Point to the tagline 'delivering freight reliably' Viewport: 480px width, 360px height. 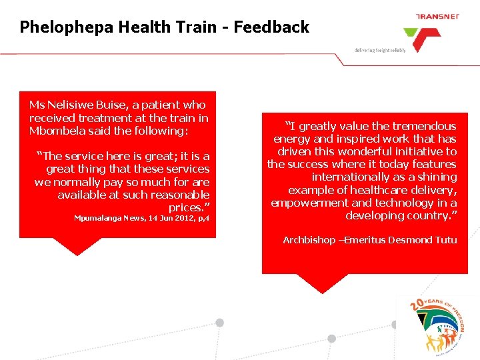click(x=380, y=50)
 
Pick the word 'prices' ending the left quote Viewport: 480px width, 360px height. click(x=188, y=207)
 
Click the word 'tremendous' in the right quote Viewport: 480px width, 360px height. click(x=423, y=126)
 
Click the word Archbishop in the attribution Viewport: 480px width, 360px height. click(x=309, y=240)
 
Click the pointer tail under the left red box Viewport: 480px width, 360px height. click(x=79, y=246)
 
